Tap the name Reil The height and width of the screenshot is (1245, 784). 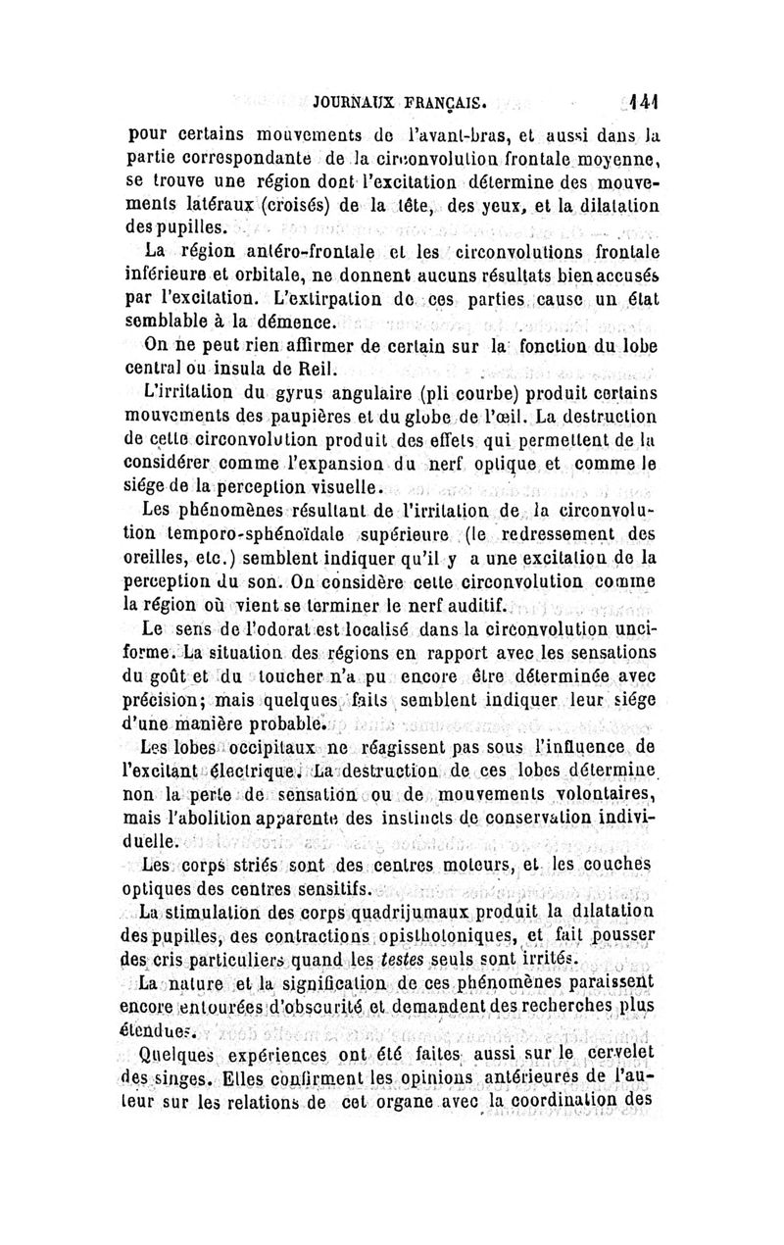point(318,370)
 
